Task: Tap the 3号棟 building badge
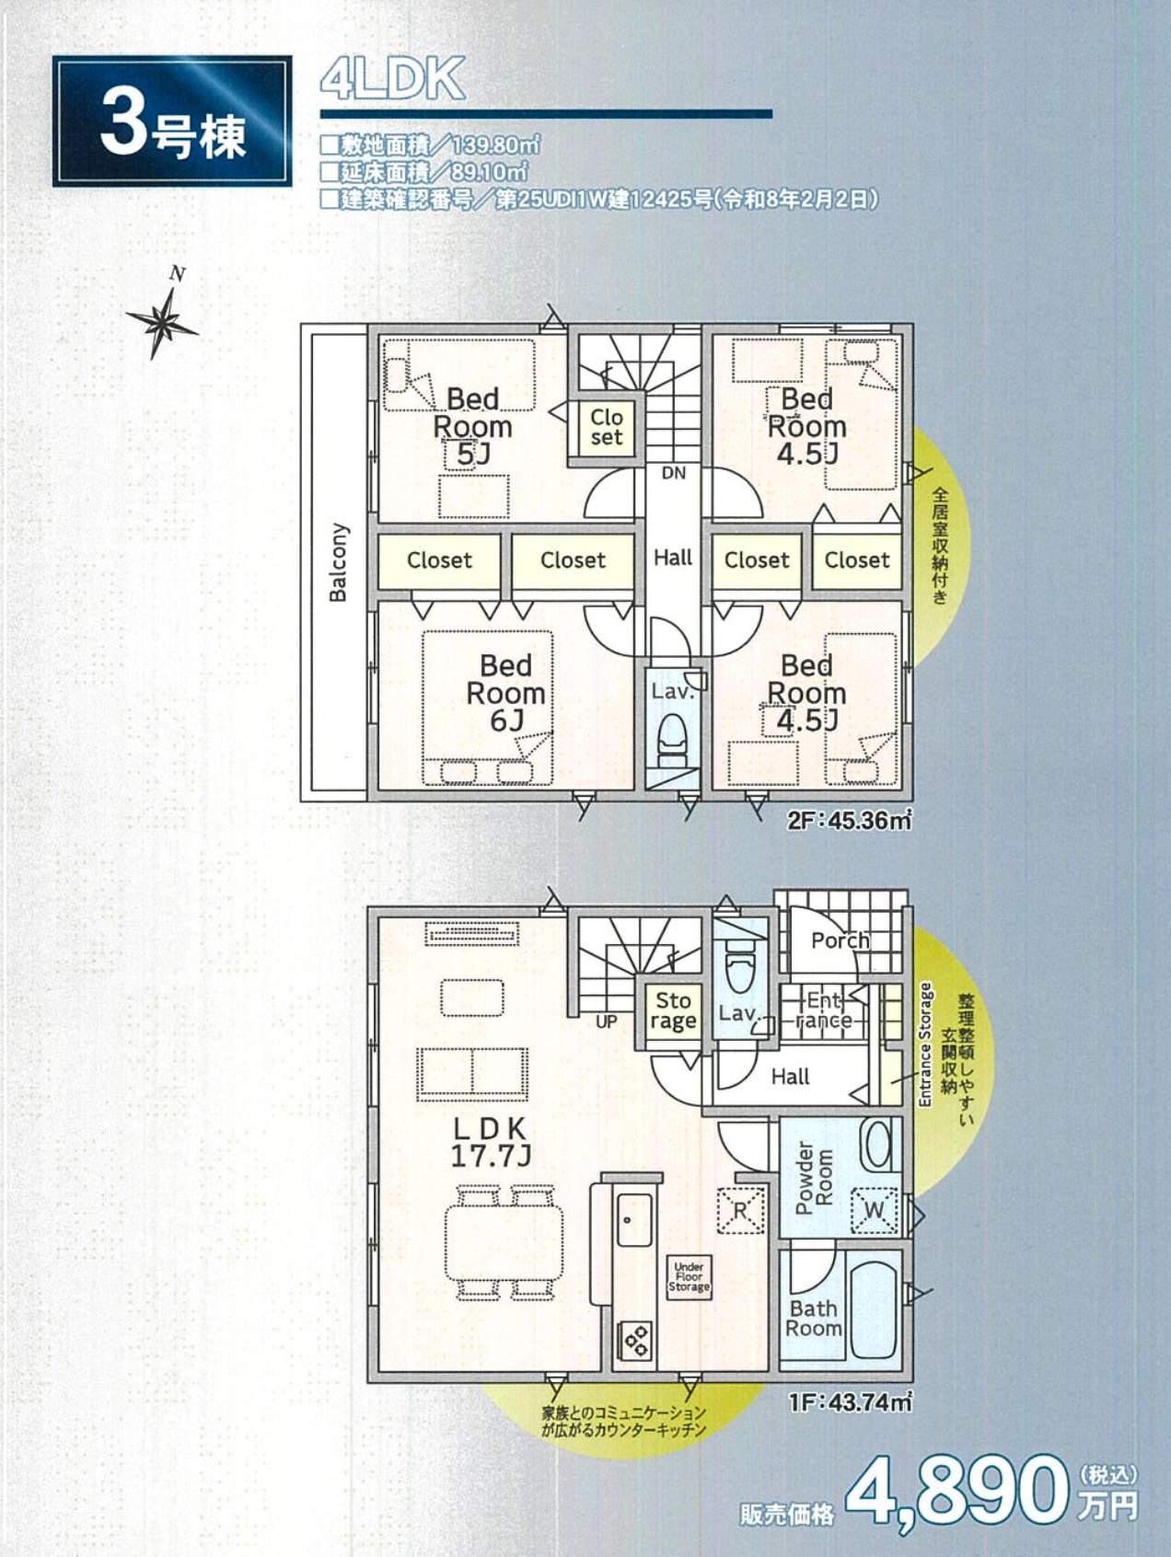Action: point(172,121)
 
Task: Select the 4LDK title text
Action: point(392,79)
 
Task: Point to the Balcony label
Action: point(339,562)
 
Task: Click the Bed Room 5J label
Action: point(472,426)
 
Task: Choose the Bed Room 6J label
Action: point(505,692)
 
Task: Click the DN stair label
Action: point(674,473)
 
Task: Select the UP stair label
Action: point(606,1021)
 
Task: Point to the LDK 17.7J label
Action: point(490,1142)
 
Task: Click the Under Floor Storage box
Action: point(689,1277)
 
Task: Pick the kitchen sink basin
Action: point(634,1220)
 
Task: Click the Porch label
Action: point(840,940)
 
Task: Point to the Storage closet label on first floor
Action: point(673,1010)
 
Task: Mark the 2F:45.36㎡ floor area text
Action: point(849,820)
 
